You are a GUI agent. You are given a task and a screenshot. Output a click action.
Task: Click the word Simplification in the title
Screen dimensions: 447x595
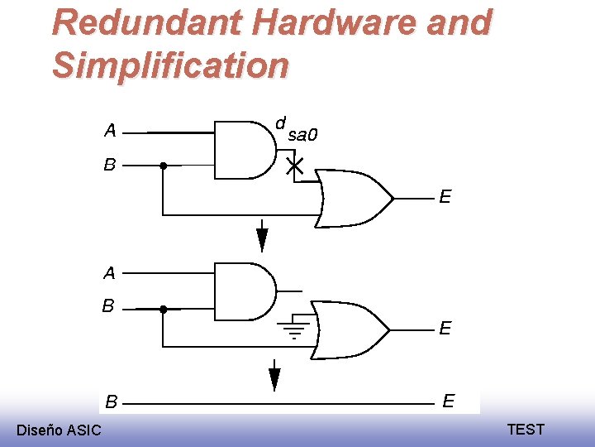coord(170,65)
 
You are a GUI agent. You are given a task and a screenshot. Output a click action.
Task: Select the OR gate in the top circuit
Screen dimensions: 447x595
coord(355,199)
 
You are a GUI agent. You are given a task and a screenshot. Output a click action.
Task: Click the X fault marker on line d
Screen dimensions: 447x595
coord(294,166)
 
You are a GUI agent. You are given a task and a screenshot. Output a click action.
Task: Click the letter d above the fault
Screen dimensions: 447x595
coord(280,123)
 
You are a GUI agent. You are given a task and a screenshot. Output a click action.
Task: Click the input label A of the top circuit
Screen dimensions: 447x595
coord(110,130)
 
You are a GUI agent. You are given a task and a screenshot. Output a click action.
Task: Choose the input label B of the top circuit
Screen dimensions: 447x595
coord(110,165)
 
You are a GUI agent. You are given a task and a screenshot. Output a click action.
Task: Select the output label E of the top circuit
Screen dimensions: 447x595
coord(445,197)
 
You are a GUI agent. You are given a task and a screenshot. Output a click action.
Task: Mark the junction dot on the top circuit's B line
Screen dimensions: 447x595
coord(164,166)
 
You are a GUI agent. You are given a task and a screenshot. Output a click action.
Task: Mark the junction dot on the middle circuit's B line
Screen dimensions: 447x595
coord(164,309)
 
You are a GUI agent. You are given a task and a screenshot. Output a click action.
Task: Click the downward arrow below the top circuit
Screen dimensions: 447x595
coord(262,238)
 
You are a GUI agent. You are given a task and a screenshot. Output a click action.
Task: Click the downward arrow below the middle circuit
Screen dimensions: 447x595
coord(274,377)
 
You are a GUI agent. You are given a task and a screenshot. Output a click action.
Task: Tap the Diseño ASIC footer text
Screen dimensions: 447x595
coord(59,430)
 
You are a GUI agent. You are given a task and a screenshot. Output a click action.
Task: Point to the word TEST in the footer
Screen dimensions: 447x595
coord(526,429)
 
